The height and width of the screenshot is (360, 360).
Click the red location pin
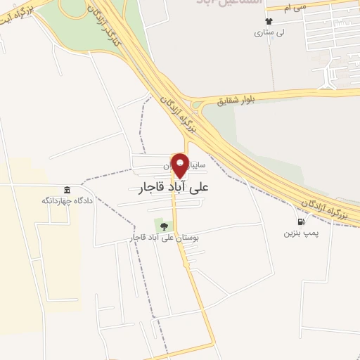[x=180, y=165]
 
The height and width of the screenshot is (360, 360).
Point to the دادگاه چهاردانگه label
[x=67, y=201]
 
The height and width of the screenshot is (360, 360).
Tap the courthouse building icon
[x=67, y=190]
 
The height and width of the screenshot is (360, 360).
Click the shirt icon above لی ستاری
[x=267, y=20]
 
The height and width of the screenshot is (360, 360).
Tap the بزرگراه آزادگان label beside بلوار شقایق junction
[x=177, y=107]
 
